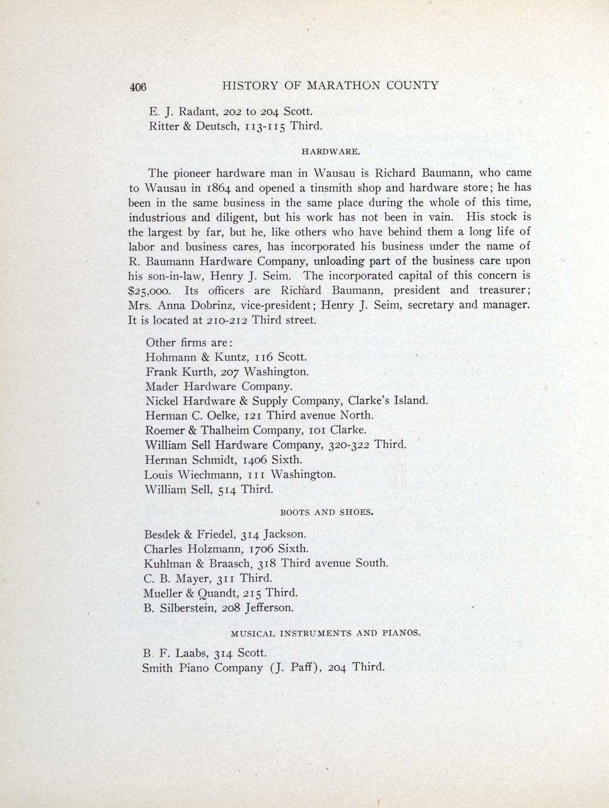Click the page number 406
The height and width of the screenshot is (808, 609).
(138, 87)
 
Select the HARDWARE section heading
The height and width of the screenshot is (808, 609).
(330, 152)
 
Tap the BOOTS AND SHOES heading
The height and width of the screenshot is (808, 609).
(327, 512)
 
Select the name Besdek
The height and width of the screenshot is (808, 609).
(162, 534)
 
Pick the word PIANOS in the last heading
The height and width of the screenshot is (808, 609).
(400, 634)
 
